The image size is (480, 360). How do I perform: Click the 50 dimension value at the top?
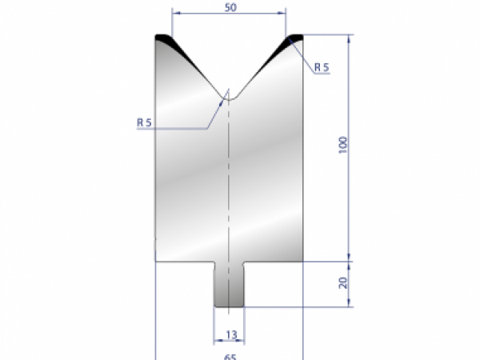pos(230,6)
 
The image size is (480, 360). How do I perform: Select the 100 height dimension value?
pos(343,145)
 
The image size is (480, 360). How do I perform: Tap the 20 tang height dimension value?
pos(343,282)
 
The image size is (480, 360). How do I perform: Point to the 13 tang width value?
pos(230,334)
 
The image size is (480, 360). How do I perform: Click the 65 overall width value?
pos(230,356)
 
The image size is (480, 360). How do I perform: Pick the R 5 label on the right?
pos(322,68)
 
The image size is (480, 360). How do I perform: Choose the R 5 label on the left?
pos(145,122)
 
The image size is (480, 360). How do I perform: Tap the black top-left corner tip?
pos(163,37)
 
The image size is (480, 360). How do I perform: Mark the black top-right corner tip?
pos(295,37)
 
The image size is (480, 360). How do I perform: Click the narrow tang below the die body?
pos(230,284)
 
